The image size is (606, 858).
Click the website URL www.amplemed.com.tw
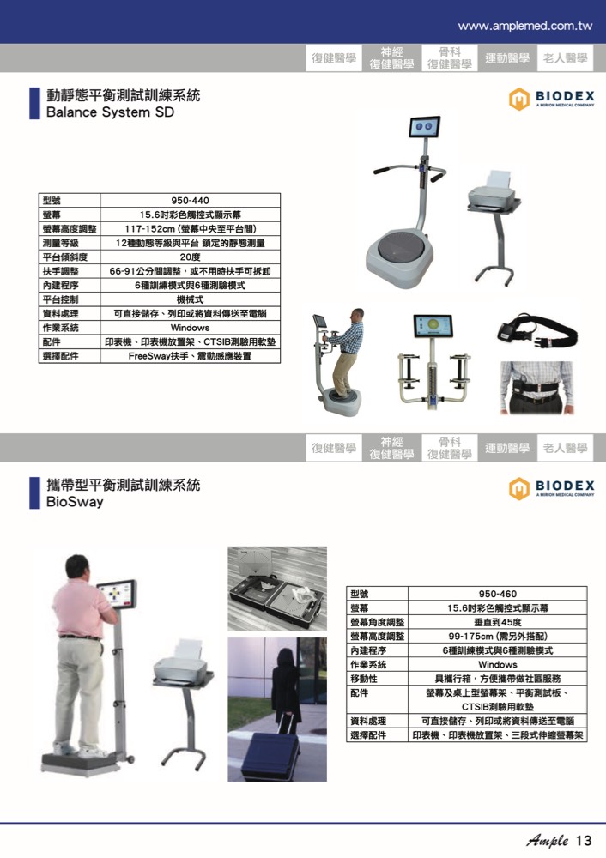[x=525, y=26]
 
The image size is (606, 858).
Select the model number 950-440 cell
[x=190, y=200]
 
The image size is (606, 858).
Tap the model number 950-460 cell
[x=497, y=594]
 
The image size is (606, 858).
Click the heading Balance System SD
[x=110, y=112]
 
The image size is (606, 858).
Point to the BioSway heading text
[x=75, y=502]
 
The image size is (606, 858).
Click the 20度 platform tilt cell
[x=190, y=257]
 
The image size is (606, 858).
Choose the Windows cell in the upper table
[x=190, y=328]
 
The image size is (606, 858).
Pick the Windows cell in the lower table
[x=497, y=664]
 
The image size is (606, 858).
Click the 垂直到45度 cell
[x=497, y=622]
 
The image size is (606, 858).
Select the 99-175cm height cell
[x=497, y=637]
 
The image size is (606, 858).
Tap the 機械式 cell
[x=190, y=299]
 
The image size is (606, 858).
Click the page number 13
[x=584, y=841]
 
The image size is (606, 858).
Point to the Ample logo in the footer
[x=548, y=841]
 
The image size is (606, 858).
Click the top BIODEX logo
[x=551, y=99]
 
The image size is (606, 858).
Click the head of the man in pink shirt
[x=77, y=569]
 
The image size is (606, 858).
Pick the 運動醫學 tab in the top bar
[x=507, y=58]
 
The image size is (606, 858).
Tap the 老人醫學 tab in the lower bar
[x=565, y=448]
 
